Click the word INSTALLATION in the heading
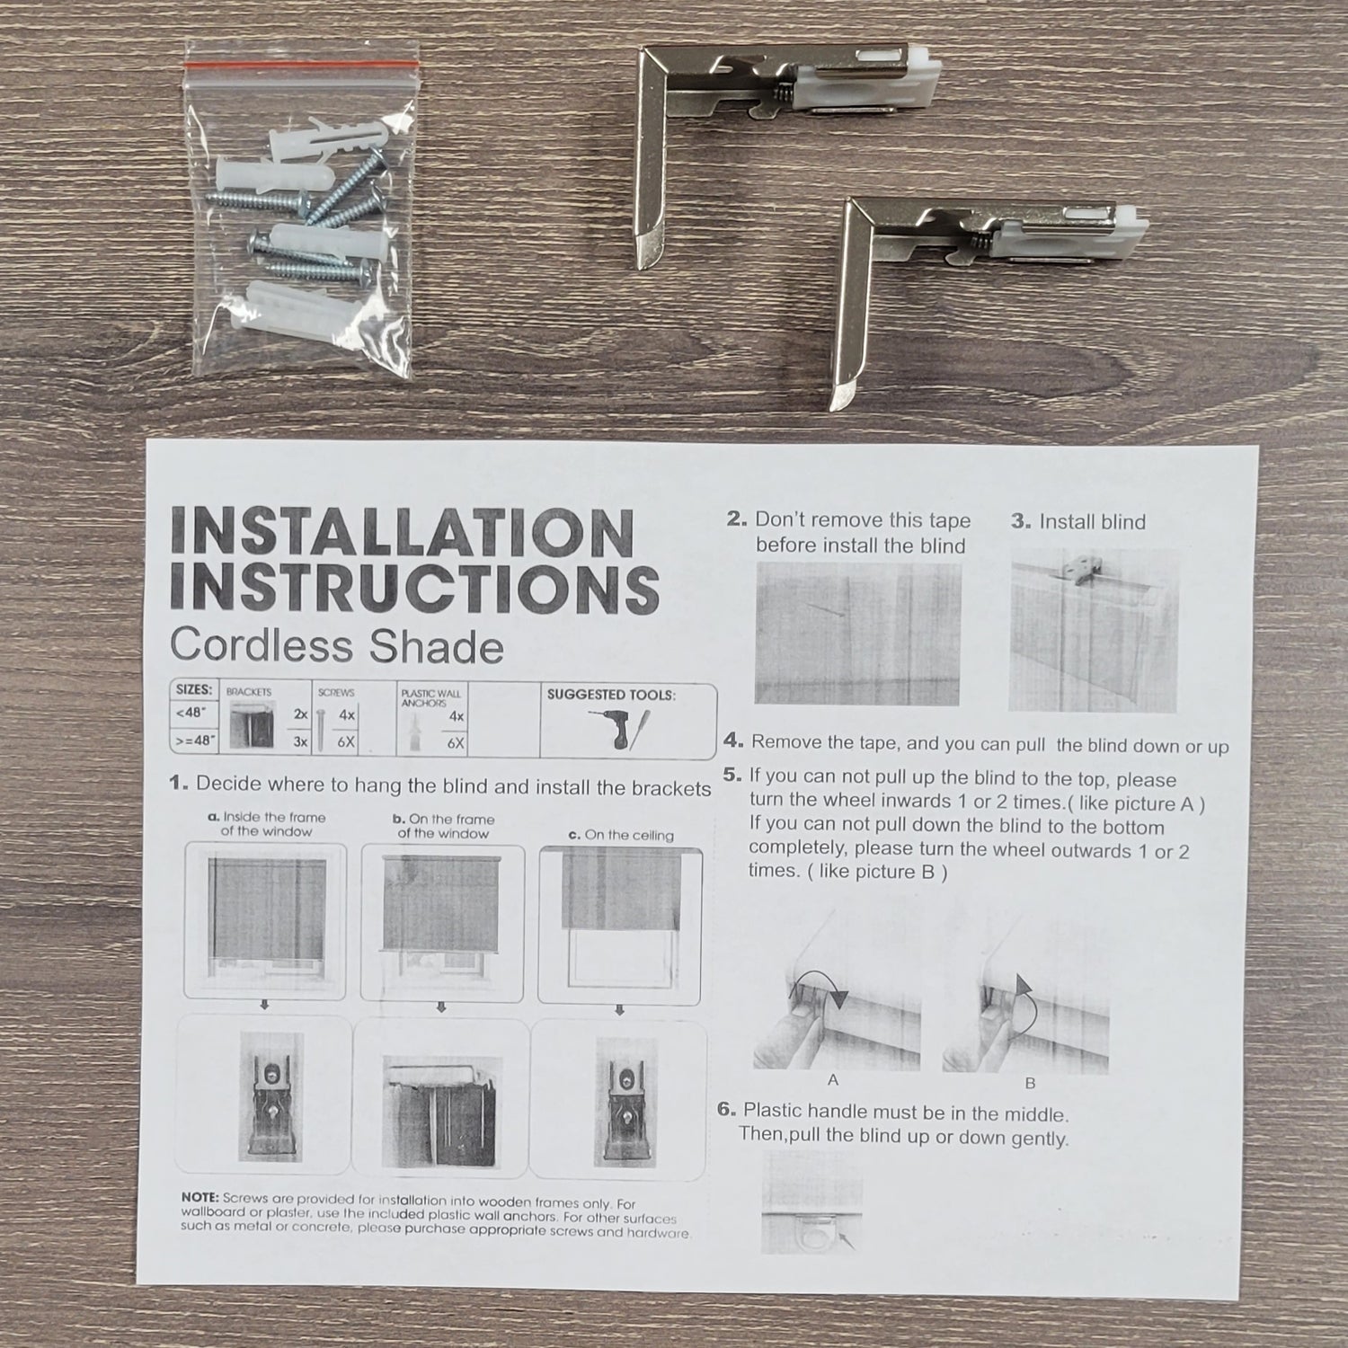(x=402, y=533)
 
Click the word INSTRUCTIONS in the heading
(x=414, y=590)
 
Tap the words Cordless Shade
(x=336, y=647)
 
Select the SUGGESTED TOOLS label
(x=611, y=695)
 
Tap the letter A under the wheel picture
(x=834, y=1081)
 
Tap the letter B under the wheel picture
(x=1030, y=1083)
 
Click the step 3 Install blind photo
(x=1093, y=631)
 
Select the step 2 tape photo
(x=858, y=634)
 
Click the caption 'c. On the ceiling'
(x=621, y=835)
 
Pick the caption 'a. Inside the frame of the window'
(x=266, y=825)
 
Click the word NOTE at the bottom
(x=200, y=1198)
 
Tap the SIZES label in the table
(x=194, y=690)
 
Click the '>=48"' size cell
(x=194, y=742)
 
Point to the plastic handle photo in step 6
(x=811, y=1202)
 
